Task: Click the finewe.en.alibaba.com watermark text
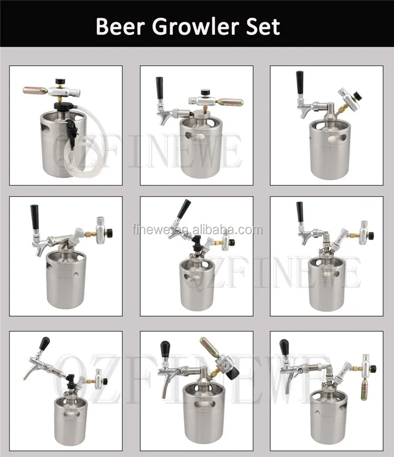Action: (x=196, y=230)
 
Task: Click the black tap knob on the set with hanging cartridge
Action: (x=284, y=347)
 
